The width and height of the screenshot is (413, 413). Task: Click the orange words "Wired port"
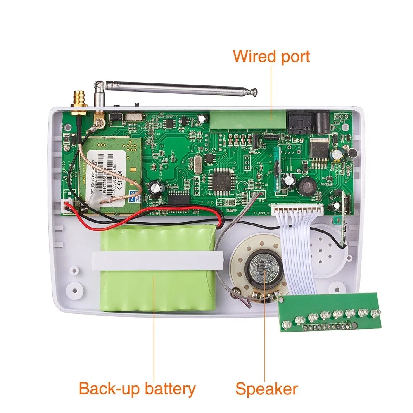tap(271, 56)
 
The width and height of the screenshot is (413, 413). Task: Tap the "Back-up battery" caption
tap(137, 389)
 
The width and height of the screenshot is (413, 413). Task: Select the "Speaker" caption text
tap(266, 389)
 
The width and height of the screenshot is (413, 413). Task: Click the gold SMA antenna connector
tap(77, 101)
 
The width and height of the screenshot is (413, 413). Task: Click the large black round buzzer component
tap(308, 186)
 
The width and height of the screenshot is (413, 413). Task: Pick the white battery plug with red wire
tap(66, 205)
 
